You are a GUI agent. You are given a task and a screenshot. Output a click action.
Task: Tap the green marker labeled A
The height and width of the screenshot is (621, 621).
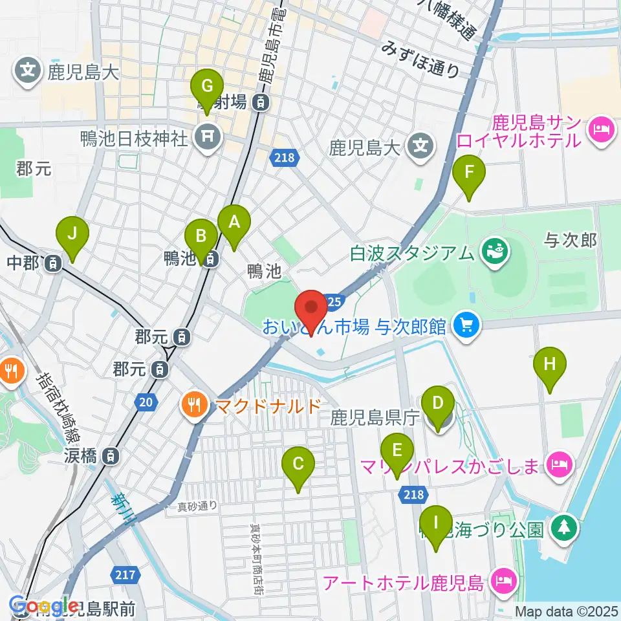click(234, 223)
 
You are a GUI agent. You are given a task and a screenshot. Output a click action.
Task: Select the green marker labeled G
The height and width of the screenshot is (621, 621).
click(207, 87)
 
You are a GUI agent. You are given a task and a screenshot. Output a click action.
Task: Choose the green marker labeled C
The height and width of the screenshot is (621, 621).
click(298, 465)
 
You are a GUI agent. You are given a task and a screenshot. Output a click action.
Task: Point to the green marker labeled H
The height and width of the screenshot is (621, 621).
click(549, 365)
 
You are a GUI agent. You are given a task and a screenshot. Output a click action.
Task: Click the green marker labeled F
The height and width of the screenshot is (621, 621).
click(470, 174)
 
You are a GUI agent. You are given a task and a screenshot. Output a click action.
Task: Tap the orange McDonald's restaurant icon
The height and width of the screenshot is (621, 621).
click(193, 406)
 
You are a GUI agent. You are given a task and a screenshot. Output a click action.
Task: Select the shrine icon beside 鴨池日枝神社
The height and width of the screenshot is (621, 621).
click(209, 136)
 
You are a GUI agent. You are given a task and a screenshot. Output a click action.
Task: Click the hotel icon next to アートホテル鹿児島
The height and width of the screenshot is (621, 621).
click(503, 582)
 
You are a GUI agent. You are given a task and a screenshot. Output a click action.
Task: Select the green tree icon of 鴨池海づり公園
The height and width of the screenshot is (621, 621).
click(563, 528)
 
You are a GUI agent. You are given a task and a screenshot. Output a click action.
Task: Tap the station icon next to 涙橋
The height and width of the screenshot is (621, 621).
click(112, 456)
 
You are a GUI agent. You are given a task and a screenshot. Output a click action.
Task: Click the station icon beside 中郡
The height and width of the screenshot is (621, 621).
click(54, 263)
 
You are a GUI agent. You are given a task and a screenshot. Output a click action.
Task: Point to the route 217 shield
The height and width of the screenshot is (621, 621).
click(125, 574)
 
